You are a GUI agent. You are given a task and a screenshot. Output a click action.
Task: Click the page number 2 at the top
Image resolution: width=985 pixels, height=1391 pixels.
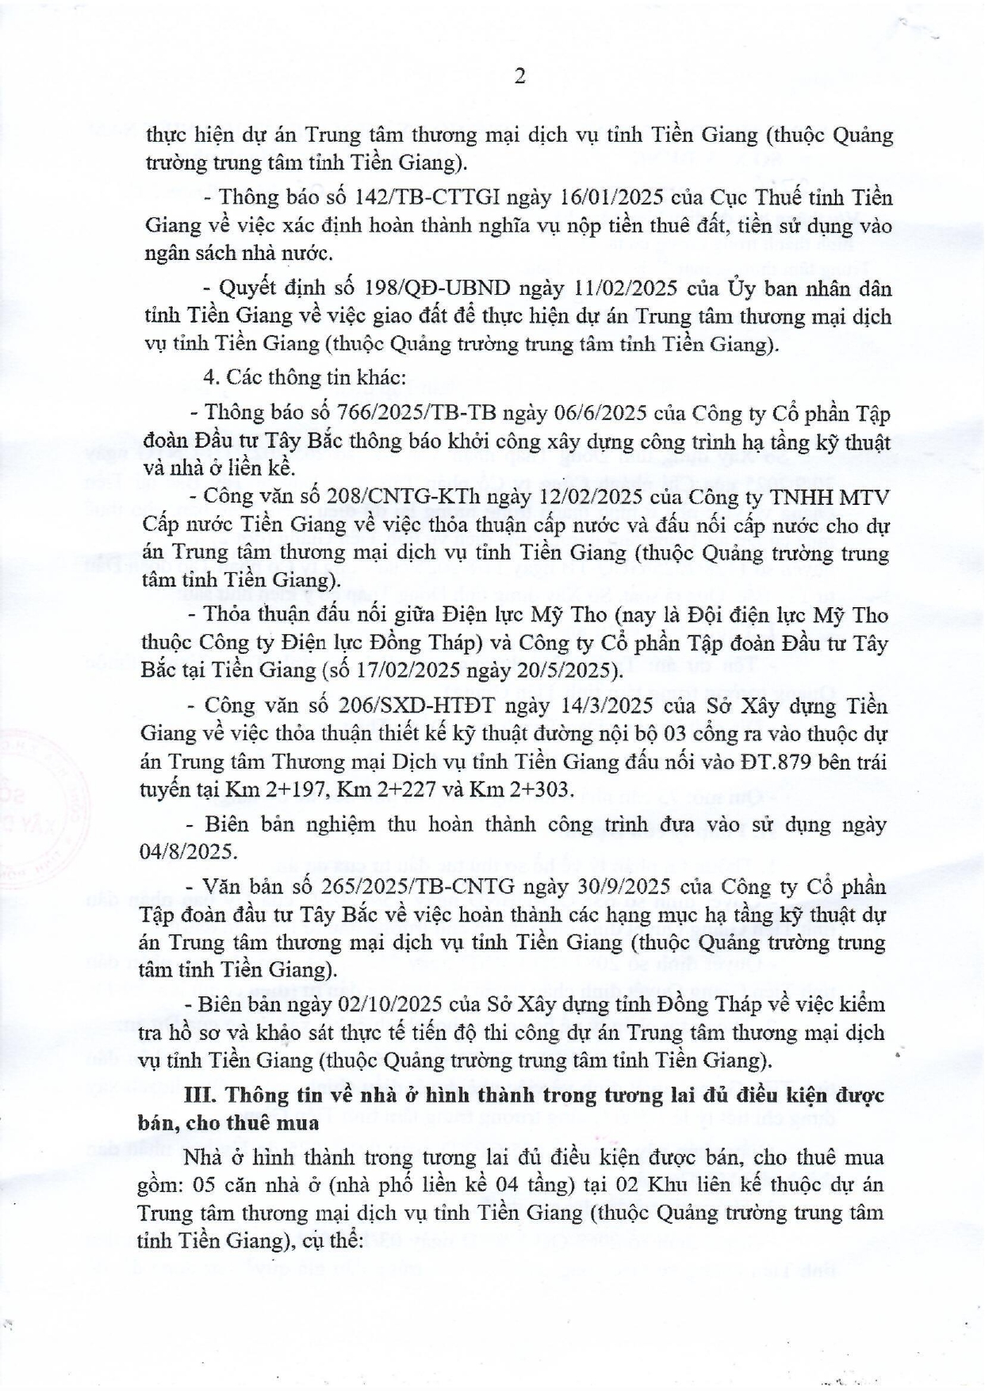(x=519, y=76)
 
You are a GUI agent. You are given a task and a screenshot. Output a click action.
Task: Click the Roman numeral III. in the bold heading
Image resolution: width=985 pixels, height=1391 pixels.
(x=201, y=1095)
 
